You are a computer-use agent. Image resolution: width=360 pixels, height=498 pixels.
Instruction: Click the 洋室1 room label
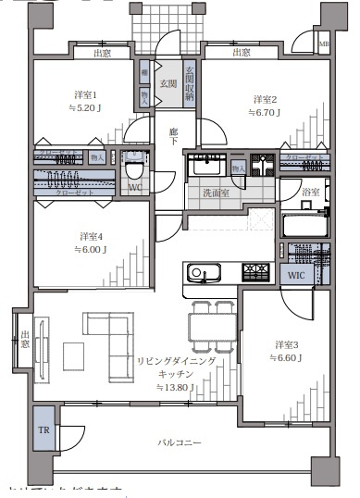pos(86,95)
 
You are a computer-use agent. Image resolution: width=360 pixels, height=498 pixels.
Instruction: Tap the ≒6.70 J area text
pos(266,112)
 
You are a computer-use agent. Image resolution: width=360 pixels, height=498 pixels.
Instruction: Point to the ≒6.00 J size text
pos(91,249)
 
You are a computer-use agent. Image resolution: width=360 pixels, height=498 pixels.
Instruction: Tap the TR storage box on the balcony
pos(43,430)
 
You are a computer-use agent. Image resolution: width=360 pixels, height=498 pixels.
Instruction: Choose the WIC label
pos(296,275)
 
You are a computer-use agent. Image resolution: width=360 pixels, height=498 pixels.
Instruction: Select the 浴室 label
pos(311,193)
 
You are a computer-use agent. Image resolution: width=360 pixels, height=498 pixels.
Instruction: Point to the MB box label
pos(323,44)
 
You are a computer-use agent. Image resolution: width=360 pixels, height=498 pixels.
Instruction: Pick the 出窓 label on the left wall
pos(25,339)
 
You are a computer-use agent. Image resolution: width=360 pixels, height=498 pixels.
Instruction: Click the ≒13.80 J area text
pos(175,387)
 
